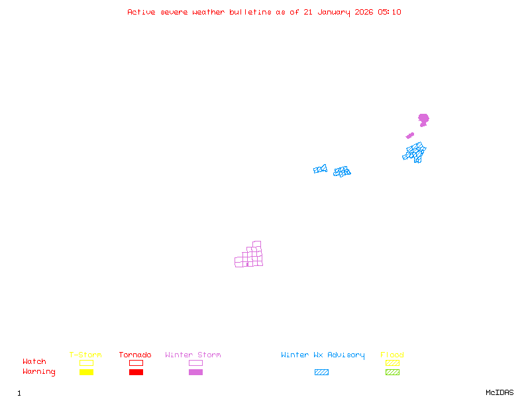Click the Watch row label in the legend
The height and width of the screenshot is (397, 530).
click(34, 362)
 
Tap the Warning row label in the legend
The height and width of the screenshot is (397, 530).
click(39, 372)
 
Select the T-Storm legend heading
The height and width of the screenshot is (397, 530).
click(85, 355)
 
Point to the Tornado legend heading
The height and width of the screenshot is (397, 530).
click(135, 355)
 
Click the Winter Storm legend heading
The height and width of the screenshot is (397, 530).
click(193, 355)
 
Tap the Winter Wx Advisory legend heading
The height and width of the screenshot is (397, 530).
click(323, 355)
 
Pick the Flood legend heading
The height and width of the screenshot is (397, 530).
click(392, 355)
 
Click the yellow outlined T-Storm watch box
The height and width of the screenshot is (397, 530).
click(86, 363)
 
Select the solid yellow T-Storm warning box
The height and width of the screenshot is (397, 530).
click(86, 373)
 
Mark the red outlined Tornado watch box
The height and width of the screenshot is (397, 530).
click(136, 363)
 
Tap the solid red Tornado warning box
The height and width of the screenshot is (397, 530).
click(136, 373)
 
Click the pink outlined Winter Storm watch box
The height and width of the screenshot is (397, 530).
click(195, 363)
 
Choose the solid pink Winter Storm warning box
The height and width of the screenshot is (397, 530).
click(195, 373)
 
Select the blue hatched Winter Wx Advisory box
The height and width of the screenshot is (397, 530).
click(321, 373)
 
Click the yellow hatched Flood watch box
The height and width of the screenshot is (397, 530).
click(392, 363)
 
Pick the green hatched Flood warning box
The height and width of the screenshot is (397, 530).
click(392, 373)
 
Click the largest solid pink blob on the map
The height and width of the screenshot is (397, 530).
click(423, 119)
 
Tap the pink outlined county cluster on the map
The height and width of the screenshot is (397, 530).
click(250, 257)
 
